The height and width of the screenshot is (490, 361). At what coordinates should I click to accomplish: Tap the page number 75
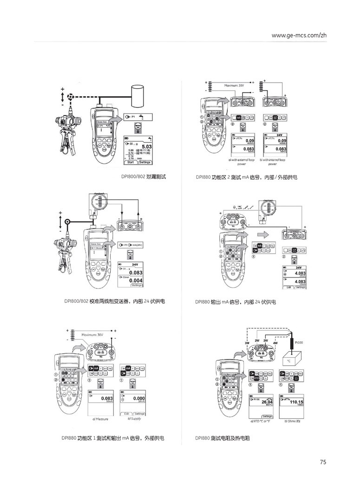tap(323, 462)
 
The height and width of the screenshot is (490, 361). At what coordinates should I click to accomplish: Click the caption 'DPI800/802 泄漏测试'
tap(143, 177)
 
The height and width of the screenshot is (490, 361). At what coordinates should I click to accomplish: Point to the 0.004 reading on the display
tap(136, 281)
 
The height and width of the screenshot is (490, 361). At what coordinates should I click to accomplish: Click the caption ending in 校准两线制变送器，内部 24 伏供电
tap(115, 301)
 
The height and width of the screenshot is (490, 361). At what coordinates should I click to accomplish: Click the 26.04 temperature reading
tap(267, 402)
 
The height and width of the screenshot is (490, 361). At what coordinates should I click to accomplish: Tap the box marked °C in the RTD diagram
tap(289, 360)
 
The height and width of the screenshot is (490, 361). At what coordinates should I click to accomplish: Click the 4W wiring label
tap(275, 343)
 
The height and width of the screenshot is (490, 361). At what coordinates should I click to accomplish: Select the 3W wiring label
tap(247, 343)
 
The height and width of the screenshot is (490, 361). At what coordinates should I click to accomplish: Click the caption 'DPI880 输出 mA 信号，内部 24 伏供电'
tap(236, 302)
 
